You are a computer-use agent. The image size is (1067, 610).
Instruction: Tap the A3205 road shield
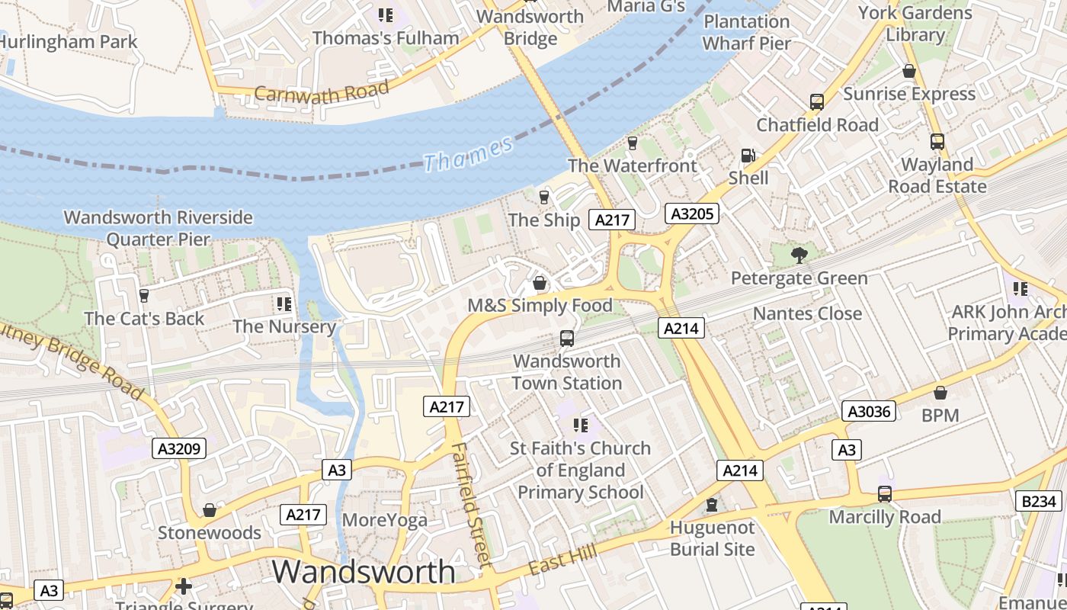[x=692, y=213]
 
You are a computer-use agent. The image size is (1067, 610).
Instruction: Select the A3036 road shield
[x=869, y=412]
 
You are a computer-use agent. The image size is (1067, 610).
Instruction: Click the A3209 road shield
[x=180, y=448]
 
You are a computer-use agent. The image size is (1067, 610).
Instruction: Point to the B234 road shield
[x=1039, y=501]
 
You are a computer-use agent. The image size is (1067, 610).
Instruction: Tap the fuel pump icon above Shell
[x=748, y=156]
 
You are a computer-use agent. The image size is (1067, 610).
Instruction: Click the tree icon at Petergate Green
[x=799, y=255]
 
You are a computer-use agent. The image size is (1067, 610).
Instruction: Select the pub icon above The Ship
[x=543, y=197]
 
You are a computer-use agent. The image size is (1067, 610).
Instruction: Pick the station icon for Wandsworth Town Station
[x=566, y=338]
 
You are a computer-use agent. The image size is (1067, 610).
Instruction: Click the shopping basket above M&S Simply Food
[x=540, y=284]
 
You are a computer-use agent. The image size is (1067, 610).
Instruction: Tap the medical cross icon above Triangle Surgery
[x=183, y=586]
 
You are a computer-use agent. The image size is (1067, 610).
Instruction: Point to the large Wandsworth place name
[x=364, y=572]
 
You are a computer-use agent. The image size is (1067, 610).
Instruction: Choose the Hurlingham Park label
[x=69, y=41]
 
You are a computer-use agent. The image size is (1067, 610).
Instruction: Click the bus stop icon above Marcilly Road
[x=884, y=494]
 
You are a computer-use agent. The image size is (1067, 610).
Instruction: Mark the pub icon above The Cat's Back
[x=144, y=295]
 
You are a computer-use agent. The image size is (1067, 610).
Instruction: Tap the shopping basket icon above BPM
[x=940, y=393]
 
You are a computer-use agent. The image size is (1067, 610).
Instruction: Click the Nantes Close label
[x=807, y=313]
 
